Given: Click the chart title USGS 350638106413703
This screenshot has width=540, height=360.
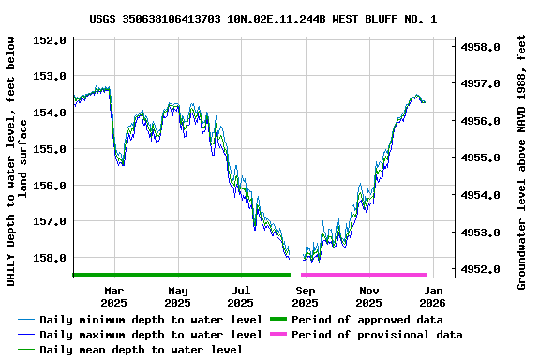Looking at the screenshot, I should point(263,19).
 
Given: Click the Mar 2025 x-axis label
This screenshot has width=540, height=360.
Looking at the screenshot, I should point(113,296).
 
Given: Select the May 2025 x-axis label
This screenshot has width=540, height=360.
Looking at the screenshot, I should point(177,296).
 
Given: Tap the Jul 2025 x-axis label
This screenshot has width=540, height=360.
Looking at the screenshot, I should point(241,296).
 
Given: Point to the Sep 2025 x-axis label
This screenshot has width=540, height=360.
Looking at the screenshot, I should point(305,296).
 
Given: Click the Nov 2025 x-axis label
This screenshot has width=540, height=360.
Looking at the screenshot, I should point(368,296).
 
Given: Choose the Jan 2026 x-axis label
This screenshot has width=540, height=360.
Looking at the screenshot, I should point(432,296).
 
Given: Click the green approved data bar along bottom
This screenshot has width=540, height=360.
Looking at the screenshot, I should point(182,275).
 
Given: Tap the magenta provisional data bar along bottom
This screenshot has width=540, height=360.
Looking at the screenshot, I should point(364,275).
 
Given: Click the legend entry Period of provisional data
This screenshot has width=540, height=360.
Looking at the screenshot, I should point(376,334).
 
